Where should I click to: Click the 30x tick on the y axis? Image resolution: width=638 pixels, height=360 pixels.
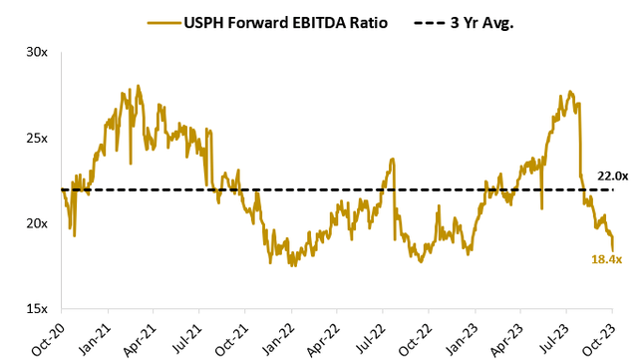37,52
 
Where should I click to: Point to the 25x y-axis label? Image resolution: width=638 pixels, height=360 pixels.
37,138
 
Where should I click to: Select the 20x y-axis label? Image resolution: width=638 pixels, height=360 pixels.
37,223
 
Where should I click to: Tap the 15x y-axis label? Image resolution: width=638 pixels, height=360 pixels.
37,309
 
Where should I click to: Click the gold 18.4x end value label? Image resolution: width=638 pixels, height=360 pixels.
606,259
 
